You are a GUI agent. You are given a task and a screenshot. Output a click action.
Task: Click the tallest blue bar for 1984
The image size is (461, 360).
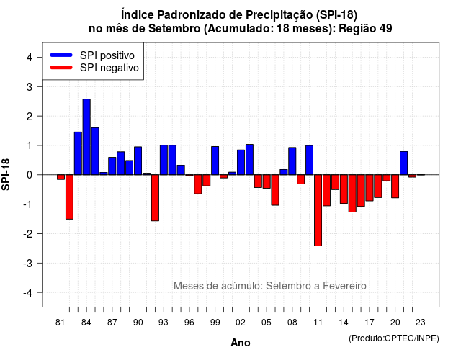[x=86, y=137]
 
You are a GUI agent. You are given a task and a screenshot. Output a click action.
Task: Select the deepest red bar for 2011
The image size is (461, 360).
[x=318, y=210]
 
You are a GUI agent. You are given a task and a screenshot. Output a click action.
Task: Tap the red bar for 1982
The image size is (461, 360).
[x=69, y=197]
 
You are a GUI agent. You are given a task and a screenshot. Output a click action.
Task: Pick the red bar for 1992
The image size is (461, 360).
[x=156, y=198]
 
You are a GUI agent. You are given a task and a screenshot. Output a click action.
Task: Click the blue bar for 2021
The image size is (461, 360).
[x=403, y=163]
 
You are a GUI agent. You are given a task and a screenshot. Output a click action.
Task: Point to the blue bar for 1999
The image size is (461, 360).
[x=215, y=161]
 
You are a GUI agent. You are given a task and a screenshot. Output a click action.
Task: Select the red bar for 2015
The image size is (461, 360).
[x=352, y=194]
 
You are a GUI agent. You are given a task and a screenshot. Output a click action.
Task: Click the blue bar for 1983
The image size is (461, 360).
[x=78, y=153]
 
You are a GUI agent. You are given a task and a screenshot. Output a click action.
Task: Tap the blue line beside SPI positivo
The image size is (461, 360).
[x=61, y=55]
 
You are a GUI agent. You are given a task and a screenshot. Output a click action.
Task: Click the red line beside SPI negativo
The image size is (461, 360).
[x=61, y=67]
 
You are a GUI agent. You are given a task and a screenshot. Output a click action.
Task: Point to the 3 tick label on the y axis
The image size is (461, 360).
[x=29, y=86]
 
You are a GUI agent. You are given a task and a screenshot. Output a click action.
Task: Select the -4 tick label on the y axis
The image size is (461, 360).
[x=27, y=293]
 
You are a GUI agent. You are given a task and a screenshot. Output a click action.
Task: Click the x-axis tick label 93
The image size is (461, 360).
[x=164, y=323]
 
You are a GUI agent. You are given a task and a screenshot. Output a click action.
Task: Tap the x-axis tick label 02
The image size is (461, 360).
[x=241, y=323]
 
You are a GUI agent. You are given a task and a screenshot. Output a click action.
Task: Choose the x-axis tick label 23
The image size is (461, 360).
[x=421, y=323]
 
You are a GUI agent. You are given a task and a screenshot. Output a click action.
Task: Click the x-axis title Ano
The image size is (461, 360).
[x=241, y=343]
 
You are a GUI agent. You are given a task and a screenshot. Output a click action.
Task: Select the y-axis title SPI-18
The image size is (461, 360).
[x=6, y=174]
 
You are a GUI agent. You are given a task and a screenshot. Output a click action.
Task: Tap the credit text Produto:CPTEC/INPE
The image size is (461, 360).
[x=394, y=338]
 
